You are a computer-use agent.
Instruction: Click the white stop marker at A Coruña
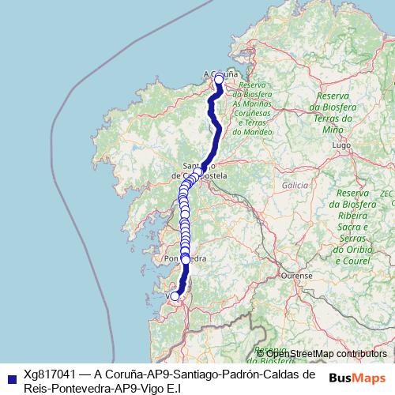(x=219, y=79)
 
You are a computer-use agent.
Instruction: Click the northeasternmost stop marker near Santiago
(x=198, y=172)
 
